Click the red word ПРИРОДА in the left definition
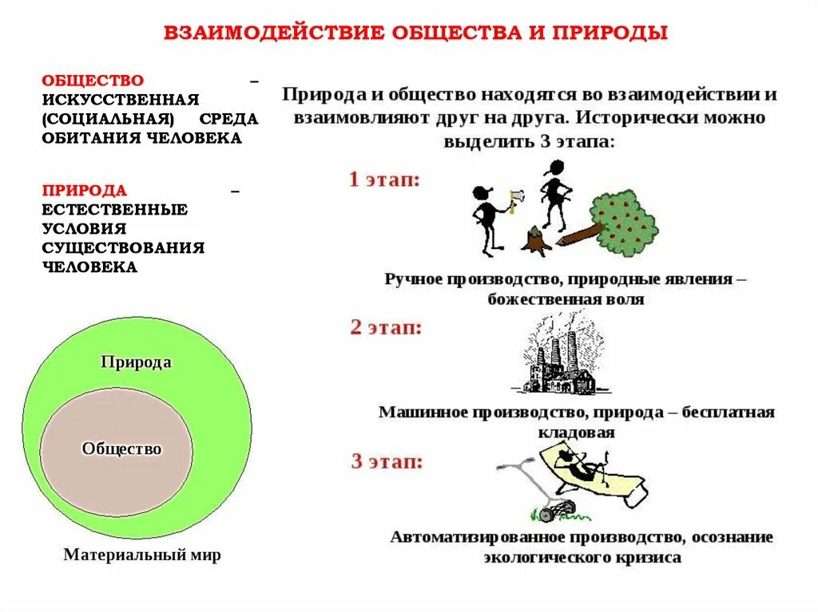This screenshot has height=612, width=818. coord(85,190)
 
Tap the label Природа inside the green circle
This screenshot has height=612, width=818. coord(136,362)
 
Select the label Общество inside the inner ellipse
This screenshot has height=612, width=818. coord(121,449)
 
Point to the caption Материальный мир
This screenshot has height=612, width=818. coord(141,555)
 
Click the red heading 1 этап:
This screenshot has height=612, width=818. coord(384,179)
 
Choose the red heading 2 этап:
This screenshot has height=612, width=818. coord(386,327)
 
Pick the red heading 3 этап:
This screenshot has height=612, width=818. coord(387,460)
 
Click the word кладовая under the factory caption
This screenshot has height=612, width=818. coord(575,432)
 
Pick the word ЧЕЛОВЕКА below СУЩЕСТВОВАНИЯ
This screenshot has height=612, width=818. coord(89,267)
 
